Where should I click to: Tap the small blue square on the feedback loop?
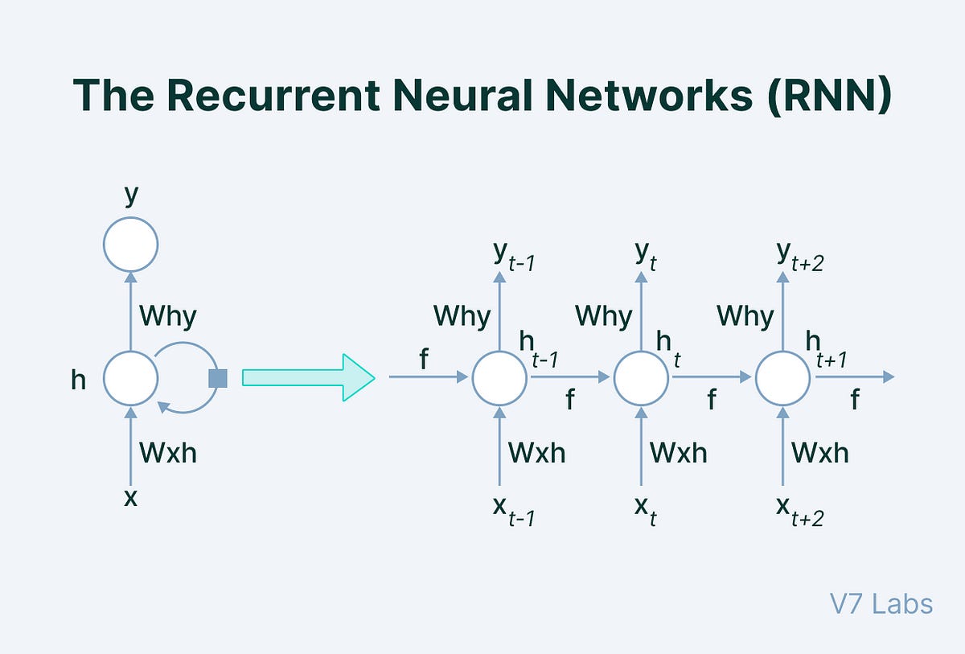[x=218, y=378]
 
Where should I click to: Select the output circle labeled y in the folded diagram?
[x=130, y=244]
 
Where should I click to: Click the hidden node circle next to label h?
[x=130, y=378]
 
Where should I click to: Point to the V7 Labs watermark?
[x=881, y=603]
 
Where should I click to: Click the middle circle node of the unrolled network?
[x=641, y=377]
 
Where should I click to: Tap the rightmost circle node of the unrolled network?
[x=782, y=377]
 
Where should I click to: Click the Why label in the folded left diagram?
[x=167, y=315]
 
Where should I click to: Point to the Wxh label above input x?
[x=167, y=453]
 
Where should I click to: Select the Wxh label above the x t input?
[x=678, y=453]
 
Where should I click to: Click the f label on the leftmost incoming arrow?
[x=424, y=361]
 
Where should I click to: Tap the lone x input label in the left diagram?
[x=130, y=498]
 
